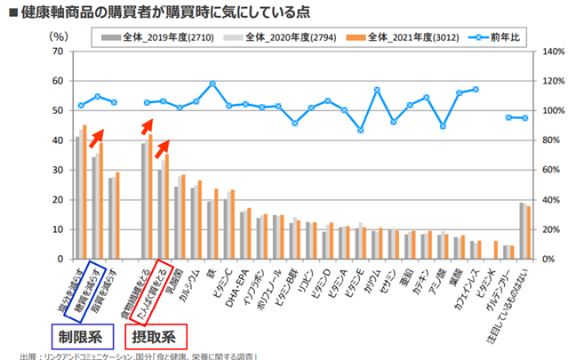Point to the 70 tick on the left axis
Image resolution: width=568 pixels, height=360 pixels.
click(59, 52)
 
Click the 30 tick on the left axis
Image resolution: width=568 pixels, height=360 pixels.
click(59, 171)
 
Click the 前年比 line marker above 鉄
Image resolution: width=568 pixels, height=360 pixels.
click(212, 84)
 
